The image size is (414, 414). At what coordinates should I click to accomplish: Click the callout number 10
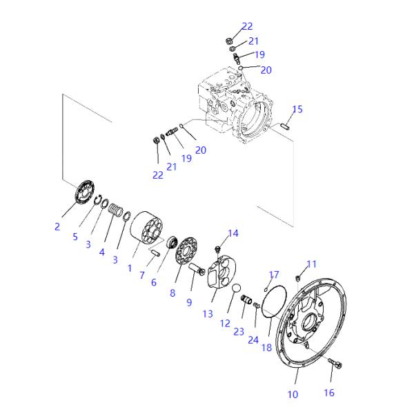(x=293, y=395)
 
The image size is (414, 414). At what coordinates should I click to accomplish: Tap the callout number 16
(x=328, y=393)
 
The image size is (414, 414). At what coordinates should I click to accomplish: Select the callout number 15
(x=297, y=109)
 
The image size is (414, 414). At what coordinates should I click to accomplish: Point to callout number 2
(x=57, y=225)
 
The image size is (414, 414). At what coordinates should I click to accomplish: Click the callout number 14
(x=233, y=234)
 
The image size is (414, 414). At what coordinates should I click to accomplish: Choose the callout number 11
(x=311, y=264)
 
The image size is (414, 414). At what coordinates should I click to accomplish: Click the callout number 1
(x=130, y=267)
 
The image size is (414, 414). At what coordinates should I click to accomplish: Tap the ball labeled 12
(x=235, y=288)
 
